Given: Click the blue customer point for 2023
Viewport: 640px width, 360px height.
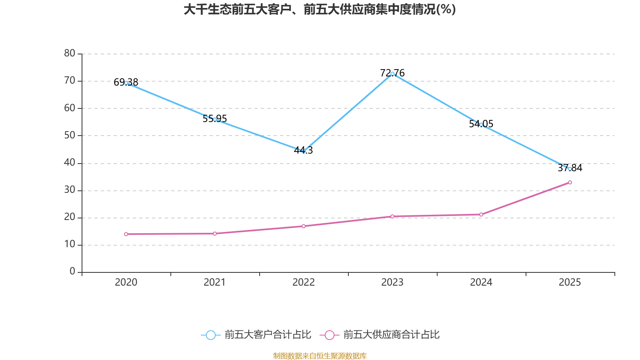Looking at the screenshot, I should coord(392,74).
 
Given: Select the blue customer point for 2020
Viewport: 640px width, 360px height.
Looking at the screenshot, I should coord(126,83).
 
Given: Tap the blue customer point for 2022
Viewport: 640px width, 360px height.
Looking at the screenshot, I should coord(304,151).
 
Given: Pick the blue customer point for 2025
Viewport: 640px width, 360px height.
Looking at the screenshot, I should coord(570,169).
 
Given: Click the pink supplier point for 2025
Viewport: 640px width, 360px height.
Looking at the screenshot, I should coord(570,182).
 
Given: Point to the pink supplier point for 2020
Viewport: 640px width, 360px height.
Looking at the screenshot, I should coord(126,234).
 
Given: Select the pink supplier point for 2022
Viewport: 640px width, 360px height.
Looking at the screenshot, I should coord(304,226).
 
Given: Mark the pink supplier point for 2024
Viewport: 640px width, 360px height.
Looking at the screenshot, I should coord(481,214).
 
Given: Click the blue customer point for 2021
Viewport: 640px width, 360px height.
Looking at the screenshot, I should coord(215,120).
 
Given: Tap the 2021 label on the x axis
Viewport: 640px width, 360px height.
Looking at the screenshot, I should coord(215,282).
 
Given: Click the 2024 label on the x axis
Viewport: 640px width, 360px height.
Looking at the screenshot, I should coord(481,282).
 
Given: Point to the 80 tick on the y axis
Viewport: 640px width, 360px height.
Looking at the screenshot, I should coord(70,53).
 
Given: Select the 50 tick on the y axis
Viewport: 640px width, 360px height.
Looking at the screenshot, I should coord(70,135).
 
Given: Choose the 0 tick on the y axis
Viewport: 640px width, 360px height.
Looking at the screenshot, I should coord(72,272).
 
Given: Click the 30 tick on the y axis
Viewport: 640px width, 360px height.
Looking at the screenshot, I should coord(70,190).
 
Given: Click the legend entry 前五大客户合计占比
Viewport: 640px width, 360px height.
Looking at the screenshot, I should coord(267,335).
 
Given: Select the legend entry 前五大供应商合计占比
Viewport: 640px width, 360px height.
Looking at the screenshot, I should coord(391,335).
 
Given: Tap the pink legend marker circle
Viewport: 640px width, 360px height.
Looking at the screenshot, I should coord(329,335).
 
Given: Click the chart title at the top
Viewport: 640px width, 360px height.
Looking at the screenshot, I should coord(320,10).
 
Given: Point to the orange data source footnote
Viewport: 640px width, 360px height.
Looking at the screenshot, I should coord(320,356).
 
